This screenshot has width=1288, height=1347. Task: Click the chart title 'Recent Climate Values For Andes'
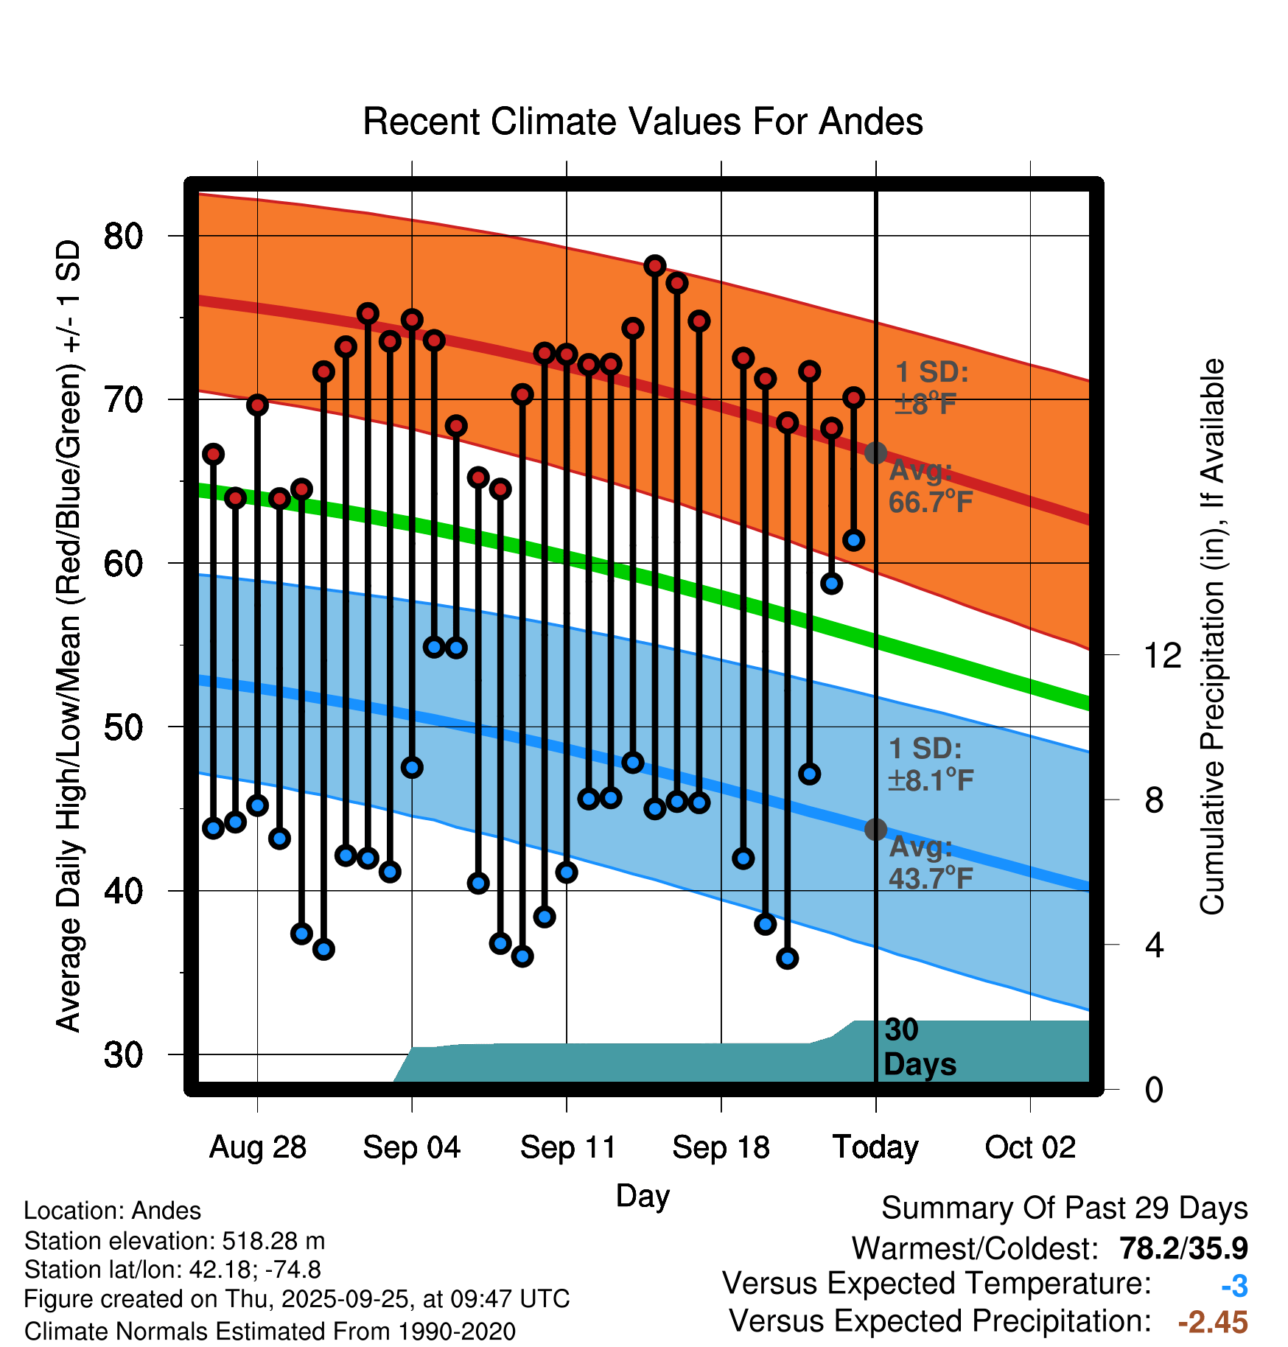(643, 122)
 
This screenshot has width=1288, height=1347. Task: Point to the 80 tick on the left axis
(123, 237)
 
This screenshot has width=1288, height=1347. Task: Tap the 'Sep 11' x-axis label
(567, 1147)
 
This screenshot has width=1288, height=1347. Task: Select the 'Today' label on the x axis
(875, 1147)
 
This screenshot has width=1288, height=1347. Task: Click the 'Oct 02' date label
(1030, 1147)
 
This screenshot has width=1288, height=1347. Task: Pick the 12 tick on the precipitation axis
(1162, 655)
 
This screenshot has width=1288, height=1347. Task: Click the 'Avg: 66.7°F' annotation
(930, 486)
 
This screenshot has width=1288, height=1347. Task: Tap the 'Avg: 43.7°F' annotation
(930, 863)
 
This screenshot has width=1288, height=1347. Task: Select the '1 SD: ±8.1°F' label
(930, 764)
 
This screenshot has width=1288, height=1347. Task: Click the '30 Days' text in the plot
(919, 1047)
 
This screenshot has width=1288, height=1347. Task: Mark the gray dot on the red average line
(875, 452)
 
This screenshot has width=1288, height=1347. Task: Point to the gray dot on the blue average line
(875, 830)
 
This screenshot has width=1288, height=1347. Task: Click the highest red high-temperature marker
(655, 266)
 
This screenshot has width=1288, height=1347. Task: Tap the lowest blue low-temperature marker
(787, 959)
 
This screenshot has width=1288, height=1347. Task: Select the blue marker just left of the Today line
(854, 540)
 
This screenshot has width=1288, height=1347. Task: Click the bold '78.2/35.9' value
(1183, 1248)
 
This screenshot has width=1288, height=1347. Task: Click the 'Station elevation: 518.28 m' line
(175, 1241)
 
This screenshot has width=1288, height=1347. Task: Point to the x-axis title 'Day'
(643, 1195)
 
